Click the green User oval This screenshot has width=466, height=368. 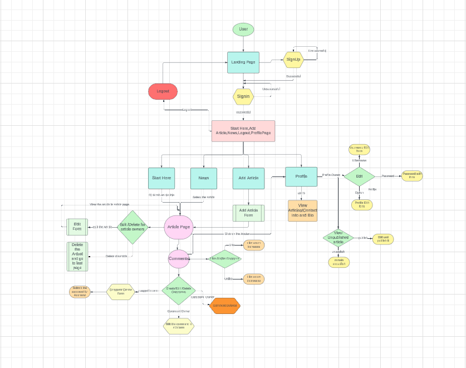[243, 30]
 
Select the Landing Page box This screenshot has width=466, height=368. [243, 62]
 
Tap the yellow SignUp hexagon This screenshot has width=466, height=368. [293, 60]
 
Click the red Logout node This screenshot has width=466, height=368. [163, 91]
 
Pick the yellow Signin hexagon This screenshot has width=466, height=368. [243, 96]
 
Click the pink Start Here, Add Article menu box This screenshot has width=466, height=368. [243, 131]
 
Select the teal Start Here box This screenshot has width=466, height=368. [161, 178]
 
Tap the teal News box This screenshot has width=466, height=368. [203, 178]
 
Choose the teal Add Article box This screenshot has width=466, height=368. [248, 178]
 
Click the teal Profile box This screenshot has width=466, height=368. [301, 176]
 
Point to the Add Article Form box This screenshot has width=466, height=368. [248, 213]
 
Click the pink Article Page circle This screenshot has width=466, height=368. [179, 227]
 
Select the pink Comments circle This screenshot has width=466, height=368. [179, 258]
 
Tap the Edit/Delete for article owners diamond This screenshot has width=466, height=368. [133, 227]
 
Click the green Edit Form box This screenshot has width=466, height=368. [77, 227]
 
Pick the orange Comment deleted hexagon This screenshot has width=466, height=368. [225, 306]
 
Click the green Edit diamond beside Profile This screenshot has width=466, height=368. [359, 176]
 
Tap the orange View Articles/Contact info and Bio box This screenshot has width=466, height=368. [302, 211]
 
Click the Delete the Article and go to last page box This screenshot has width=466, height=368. [77, 257]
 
